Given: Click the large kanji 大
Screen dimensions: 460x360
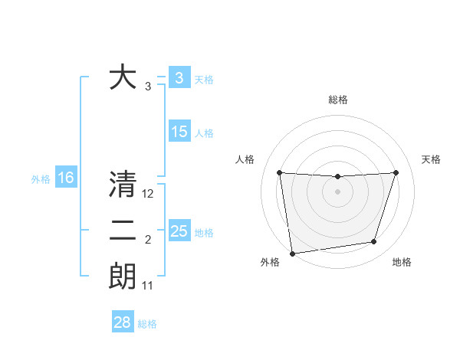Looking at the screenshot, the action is point(123,77).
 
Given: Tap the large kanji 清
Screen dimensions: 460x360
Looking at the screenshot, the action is point(123,185).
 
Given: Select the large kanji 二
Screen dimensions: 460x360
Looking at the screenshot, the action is point(123,231).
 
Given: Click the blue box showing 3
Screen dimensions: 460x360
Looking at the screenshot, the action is point(179,78).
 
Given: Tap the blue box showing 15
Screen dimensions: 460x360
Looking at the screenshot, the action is point(179,132).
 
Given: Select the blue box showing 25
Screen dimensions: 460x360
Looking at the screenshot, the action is point(179,231).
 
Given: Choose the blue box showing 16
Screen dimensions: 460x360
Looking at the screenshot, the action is point(66,178).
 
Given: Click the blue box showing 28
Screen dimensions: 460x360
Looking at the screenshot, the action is point(122,322).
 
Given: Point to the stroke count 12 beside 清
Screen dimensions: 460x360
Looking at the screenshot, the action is point(148,195).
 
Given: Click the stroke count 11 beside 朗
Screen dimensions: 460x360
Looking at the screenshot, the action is point(148,286).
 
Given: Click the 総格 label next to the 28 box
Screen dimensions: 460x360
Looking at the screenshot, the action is point(147,324).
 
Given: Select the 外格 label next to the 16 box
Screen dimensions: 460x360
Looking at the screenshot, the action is point(41,179).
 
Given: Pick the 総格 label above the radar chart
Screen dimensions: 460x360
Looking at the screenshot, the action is point(337,100).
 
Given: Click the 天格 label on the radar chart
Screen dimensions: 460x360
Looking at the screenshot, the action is point(432,159).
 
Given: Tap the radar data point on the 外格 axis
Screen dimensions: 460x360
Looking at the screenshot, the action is point(292,253).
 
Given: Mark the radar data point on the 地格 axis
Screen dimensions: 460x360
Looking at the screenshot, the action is point(374,242).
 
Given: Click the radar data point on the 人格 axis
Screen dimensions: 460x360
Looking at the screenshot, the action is point(279,172).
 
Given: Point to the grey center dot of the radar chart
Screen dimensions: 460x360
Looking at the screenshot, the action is point(337,191).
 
